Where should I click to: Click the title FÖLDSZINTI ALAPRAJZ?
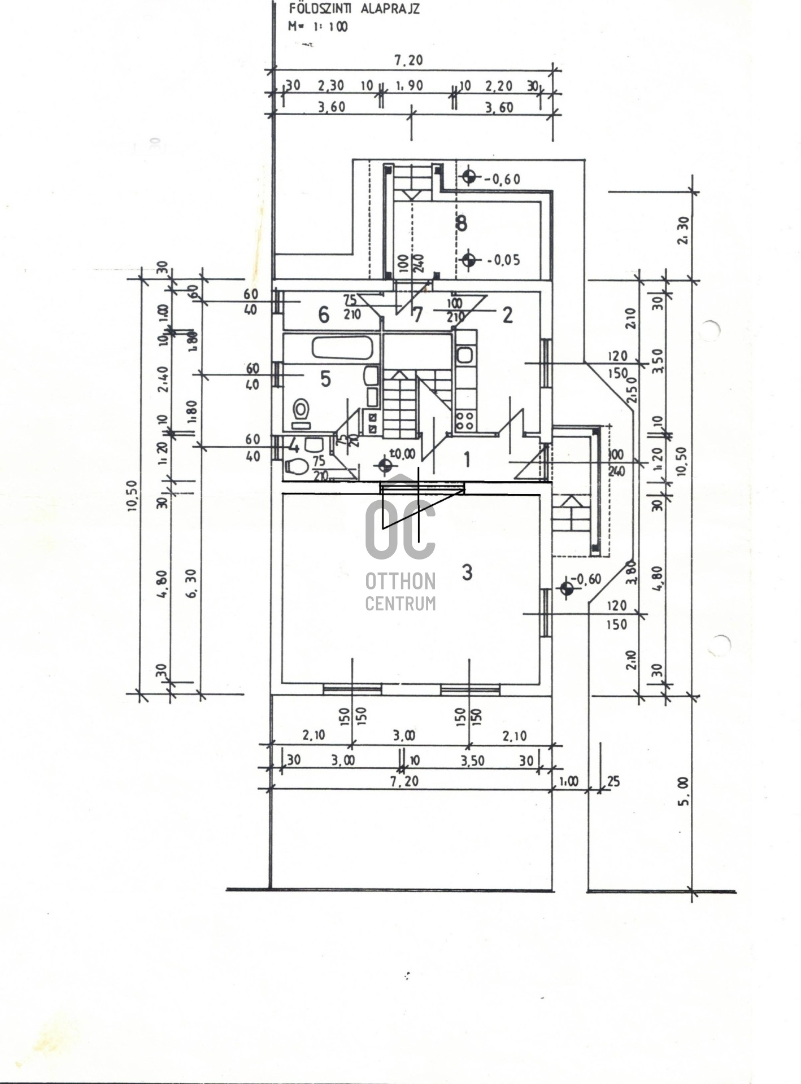tap(354, 8)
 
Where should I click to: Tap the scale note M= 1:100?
tap(318, 26)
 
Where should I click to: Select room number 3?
tap(467, 572)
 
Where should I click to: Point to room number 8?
tap(462, 224)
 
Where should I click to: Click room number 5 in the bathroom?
tap(325, 379)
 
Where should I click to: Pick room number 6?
tap(324, 314)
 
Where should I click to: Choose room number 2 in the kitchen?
tap(507, 315)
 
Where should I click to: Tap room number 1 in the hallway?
tap(467, 460)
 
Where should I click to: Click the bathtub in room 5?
tap(342, 348)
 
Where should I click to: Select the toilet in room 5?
tap(301, 408)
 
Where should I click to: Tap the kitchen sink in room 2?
tap(465, 355)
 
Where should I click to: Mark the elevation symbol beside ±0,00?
tap(385, 466)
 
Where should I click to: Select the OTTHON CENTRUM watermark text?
tap(400, 591)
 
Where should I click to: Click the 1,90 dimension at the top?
tap(408, 86)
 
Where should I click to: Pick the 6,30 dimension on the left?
tap(190, 583)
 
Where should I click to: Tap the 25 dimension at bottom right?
tap(613, 781)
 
